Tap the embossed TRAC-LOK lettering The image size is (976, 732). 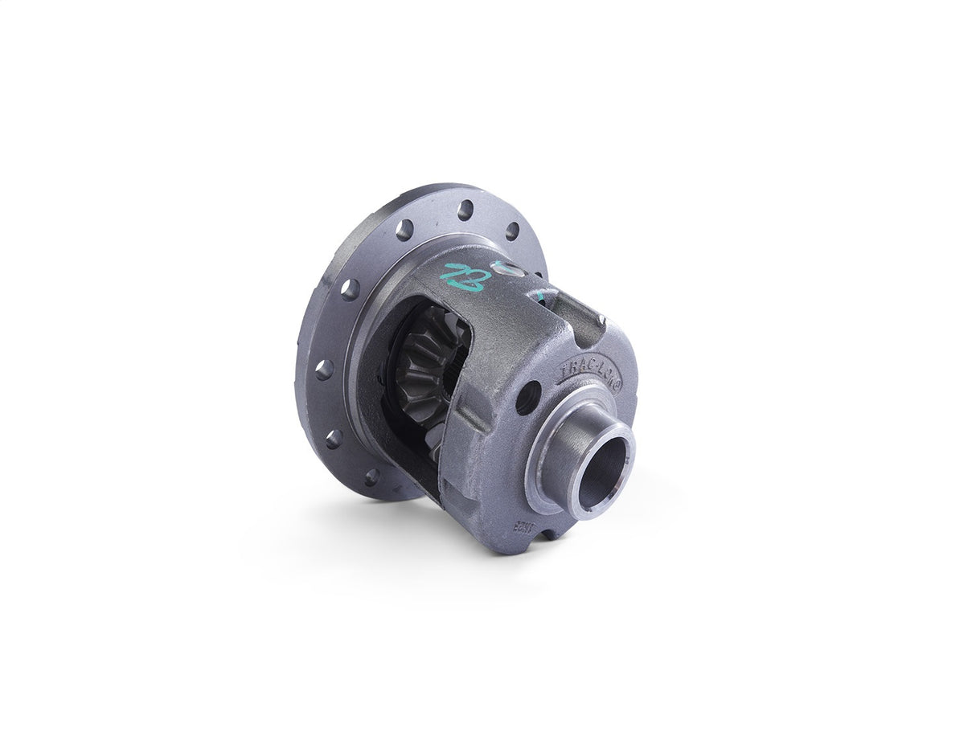tap(589, 371)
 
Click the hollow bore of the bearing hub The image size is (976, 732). tap(602, 472)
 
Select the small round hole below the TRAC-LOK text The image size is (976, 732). tap(527, 398)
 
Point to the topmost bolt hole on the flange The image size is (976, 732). tap(465, 210)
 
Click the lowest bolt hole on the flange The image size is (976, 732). tap(371, 477)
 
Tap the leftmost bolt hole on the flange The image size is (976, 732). tap(324, 370)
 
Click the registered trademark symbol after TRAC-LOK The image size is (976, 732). tap(618, 384)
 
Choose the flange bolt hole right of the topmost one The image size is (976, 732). tap(512, 231)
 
